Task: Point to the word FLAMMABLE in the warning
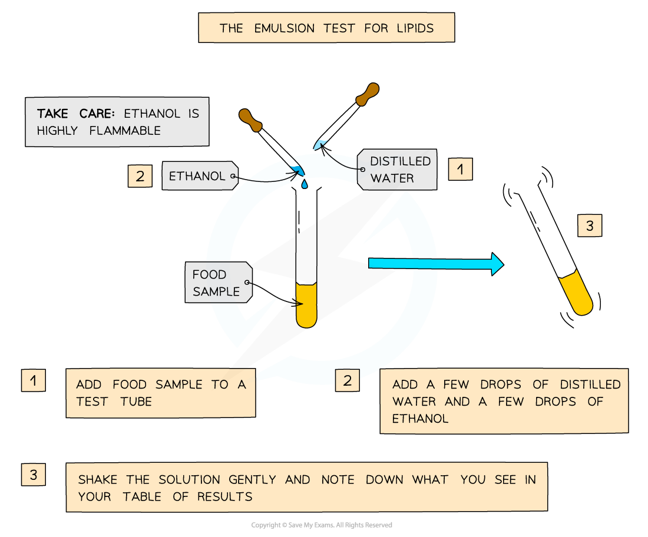pyautogui.click(x=125, y=131)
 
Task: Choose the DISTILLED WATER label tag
pyautogui.click(x=399, y=170)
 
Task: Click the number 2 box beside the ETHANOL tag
pyautogui.click(x=140, y=176)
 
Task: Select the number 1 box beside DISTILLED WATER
pyautogui.click(x=460, y=170)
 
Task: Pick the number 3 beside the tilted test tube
pyautogui.click(x=589, y=226)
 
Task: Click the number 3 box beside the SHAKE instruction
pyautogui.click(x=34, y=475)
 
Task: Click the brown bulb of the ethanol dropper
pyautogui.click(x=251, y=120)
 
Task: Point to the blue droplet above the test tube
pyautogui.click(x=304, y=184)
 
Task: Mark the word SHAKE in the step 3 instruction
pyautogui.click(x=98, y=480)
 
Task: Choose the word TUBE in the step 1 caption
pyautogui.click(x=136, y=402)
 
